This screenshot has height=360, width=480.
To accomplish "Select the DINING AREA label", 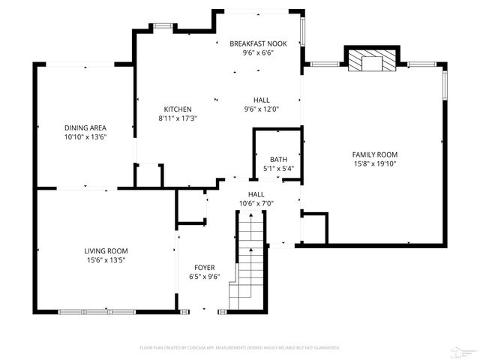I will (85, 128).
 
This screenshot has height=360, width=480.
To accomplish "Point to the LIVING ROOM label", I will (106, 251).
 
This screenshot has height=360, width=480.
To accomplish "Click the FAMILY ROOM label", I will (374, 154).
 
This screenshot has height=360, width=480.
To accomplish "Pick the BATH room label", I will (277, 159).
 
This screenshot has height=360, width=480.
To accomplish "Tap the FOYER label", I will (204, 267).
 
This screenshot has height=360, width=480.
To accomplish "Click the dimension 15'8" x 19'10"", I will (374, 163).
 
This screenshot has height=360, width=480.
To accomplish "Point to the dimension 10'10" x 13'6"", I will (85, 137).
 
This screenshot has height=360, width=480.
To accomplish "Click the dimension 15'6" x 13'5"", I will (106, 260).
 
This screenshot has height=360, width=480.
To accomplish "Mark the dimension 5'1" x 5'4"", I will (277, 168).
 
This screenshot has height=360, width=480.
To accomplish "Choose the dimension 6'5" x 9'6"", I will (204, 276).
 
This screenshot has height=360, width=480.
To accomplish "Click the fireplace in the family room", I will (369, 60).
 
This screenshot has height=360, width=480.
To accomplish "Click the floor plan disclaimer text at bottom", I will (240, 348).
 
